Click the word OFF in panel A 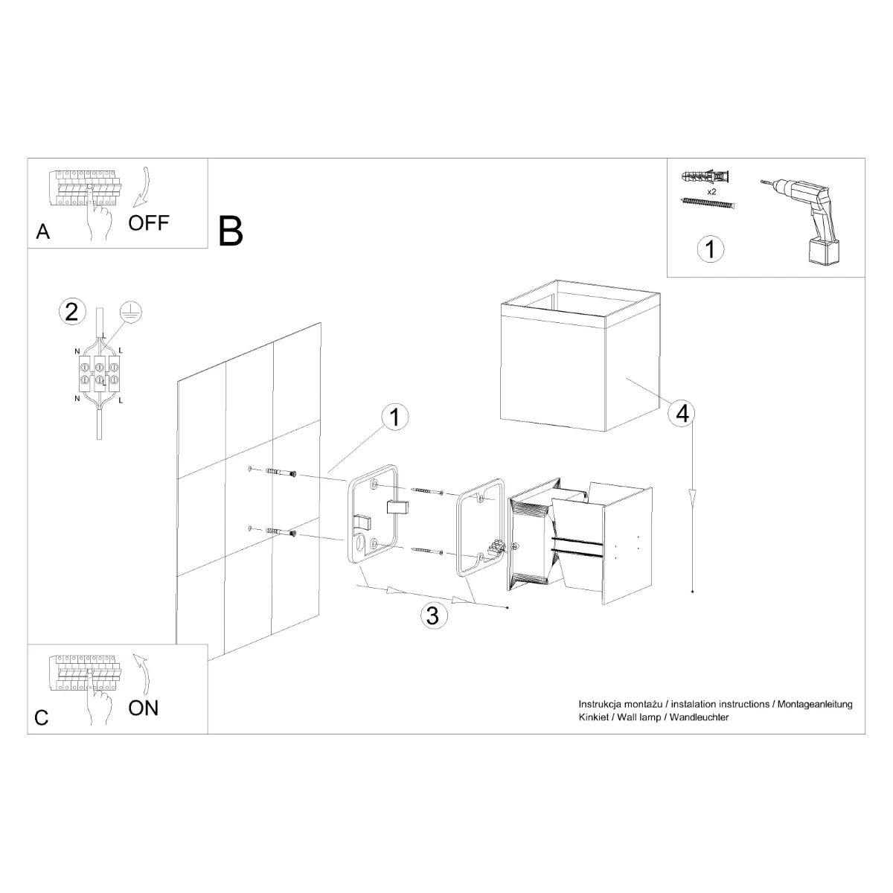point(149,222)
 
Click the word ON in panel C point(143,707)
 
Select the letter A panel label point(43,232)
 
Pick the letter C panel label point(42,717)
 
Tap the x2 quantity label point(711,191)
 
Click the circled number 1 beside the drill point(710,249)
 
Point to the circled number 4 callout point(682,414)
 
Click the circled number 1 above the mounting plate point(395,417)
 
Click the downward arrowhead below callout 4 point(693,496)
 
